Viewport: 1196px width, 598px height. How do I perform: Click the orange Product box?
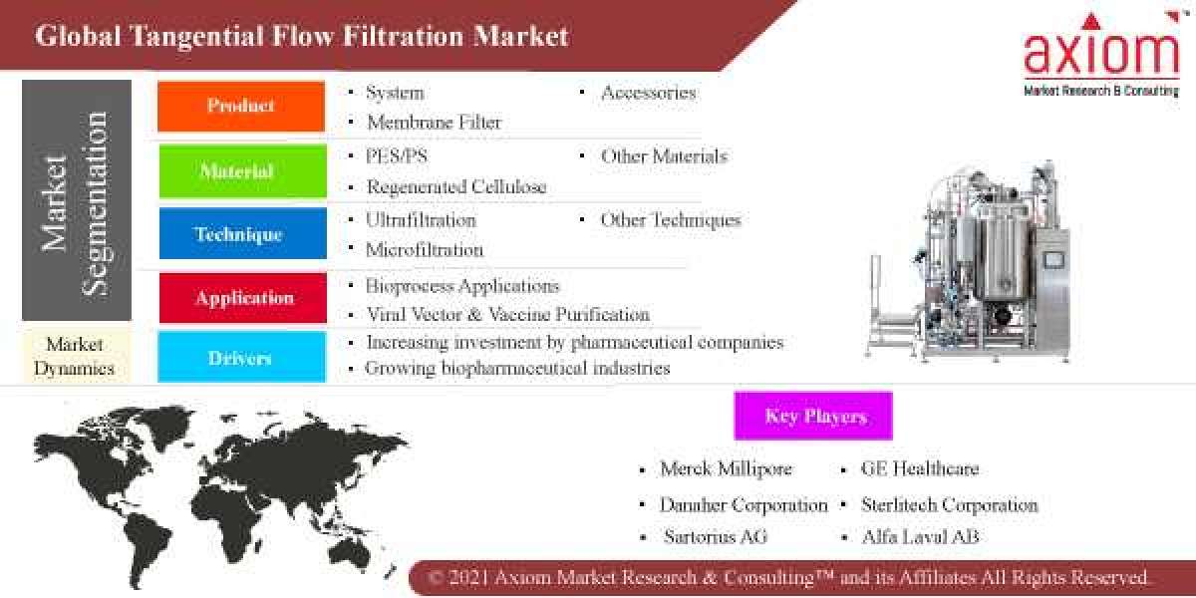(241, 106)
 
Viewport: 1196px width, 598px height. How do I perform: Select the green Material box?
(242, 171)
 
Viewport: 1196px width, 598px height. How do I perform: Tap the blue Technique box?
(242, 234)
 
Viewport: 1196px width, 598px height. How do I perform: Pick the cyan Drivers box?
(242, 357)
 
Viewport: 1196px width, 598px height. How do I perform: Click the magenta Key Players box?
(813, 416)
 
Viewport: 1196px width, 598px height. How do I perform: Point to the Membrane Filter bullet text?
(434, 123)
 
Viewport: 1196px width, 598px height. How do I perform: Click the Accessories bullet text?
(648, 93)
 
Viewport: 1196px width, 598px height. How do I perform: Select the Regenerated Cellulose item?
(456, 186)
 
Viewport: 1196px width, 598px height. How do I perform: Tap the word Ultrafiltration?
(421, 219)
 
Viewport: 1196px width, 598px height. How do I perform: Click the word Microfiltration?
(425, 249)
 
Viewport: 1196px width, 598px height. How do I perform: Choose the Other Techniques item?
(670, 219)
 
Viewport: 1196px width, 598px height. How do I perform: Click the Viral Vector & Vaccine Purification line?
(507, 315)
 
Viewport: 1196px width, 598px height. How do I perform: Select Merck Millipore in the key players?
(726, 468)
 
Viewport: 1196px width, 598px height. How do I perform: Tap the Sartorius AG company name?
(716, 536)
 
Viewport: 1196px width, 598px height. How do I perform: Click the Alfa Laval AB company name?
(920, 536)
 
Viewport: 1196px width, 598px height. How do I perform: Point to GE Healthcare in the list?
(920, 468)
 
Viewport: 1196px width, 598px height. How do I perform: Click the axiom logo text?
(1101, 52)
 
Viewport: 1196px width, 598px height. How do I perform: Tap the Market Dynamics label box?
(76, 356)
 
